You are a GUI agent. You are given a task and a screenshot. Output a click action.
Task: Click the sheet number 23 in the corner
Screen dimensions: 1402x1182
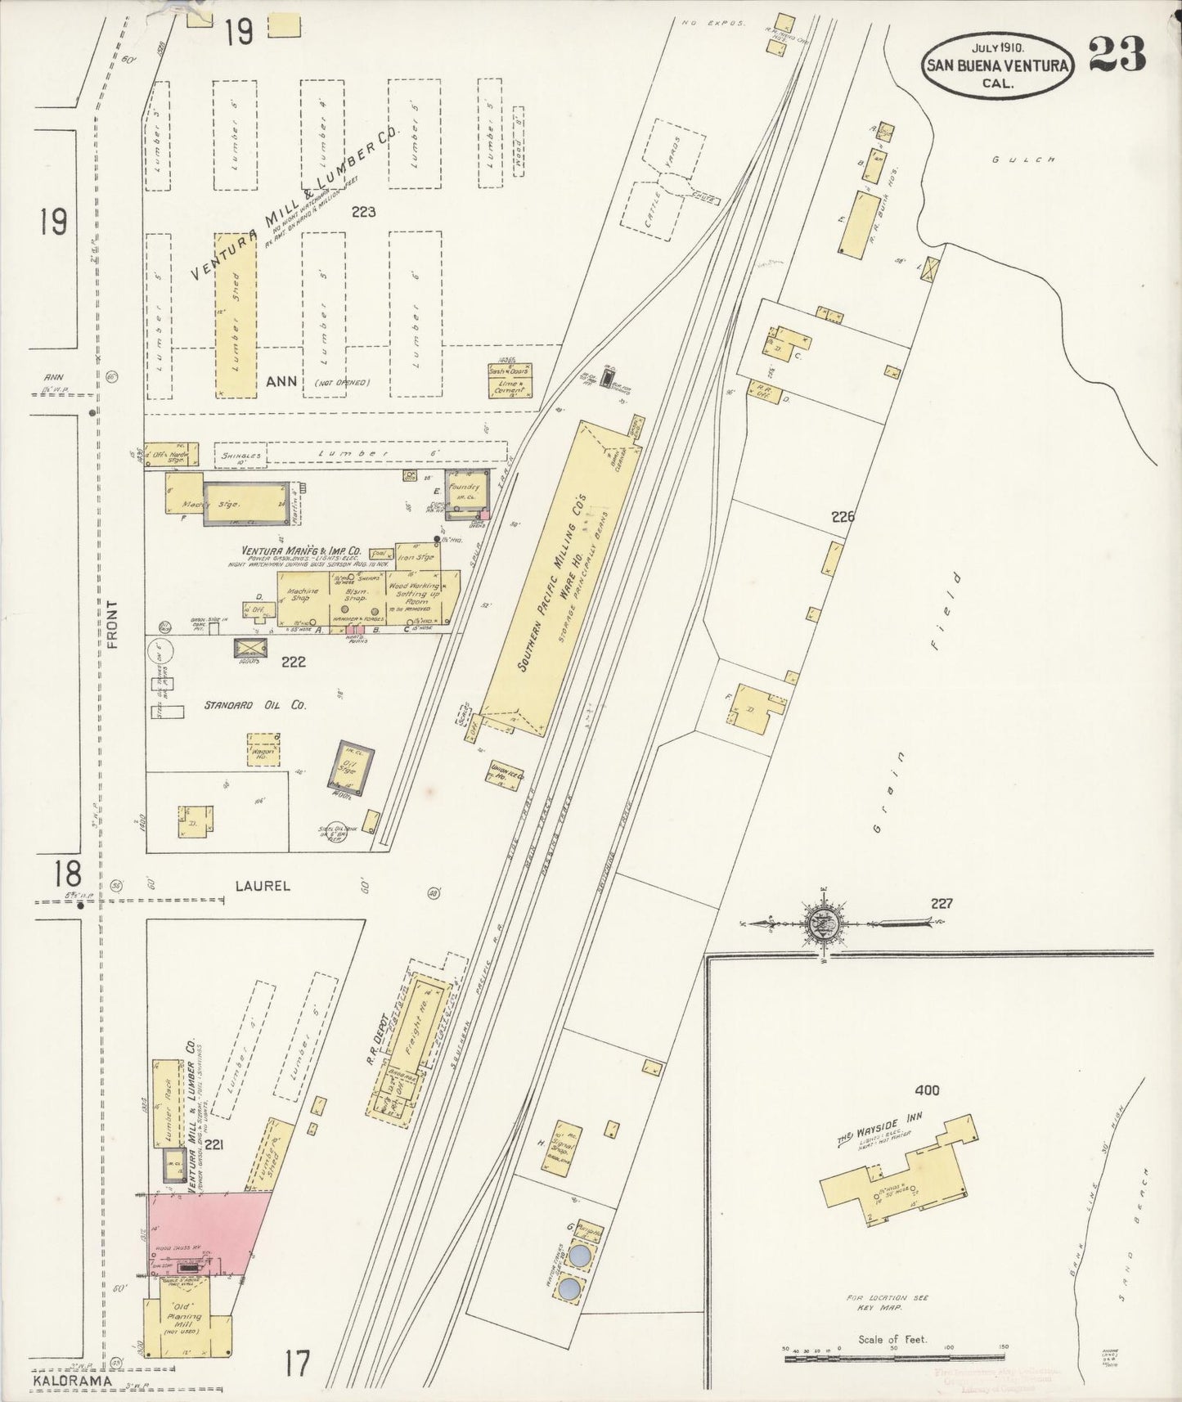1117,56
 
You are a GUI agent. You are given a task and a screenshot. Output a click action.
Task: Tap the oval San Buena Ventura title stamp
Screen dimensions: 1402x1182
998,65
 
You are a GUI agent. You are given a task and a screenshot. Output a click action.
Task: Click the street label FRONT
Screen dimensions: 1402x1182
113,625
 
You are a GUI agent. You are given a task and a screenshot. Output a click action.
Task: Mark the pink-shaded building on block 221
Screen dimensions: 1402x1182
209,1233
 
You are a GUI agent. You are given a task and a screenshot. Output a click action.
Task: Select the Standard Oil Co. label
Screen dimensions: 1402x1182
254,704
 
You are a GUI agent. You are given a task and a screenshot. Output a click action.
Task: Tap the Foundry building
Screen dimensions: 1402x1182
466,493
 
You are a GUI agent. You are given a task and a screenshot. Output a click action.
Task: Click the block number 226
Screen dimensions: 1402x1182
843,516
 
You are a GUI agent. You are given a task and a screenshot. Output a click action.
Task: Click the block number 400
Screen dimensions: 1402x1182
928,1090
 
